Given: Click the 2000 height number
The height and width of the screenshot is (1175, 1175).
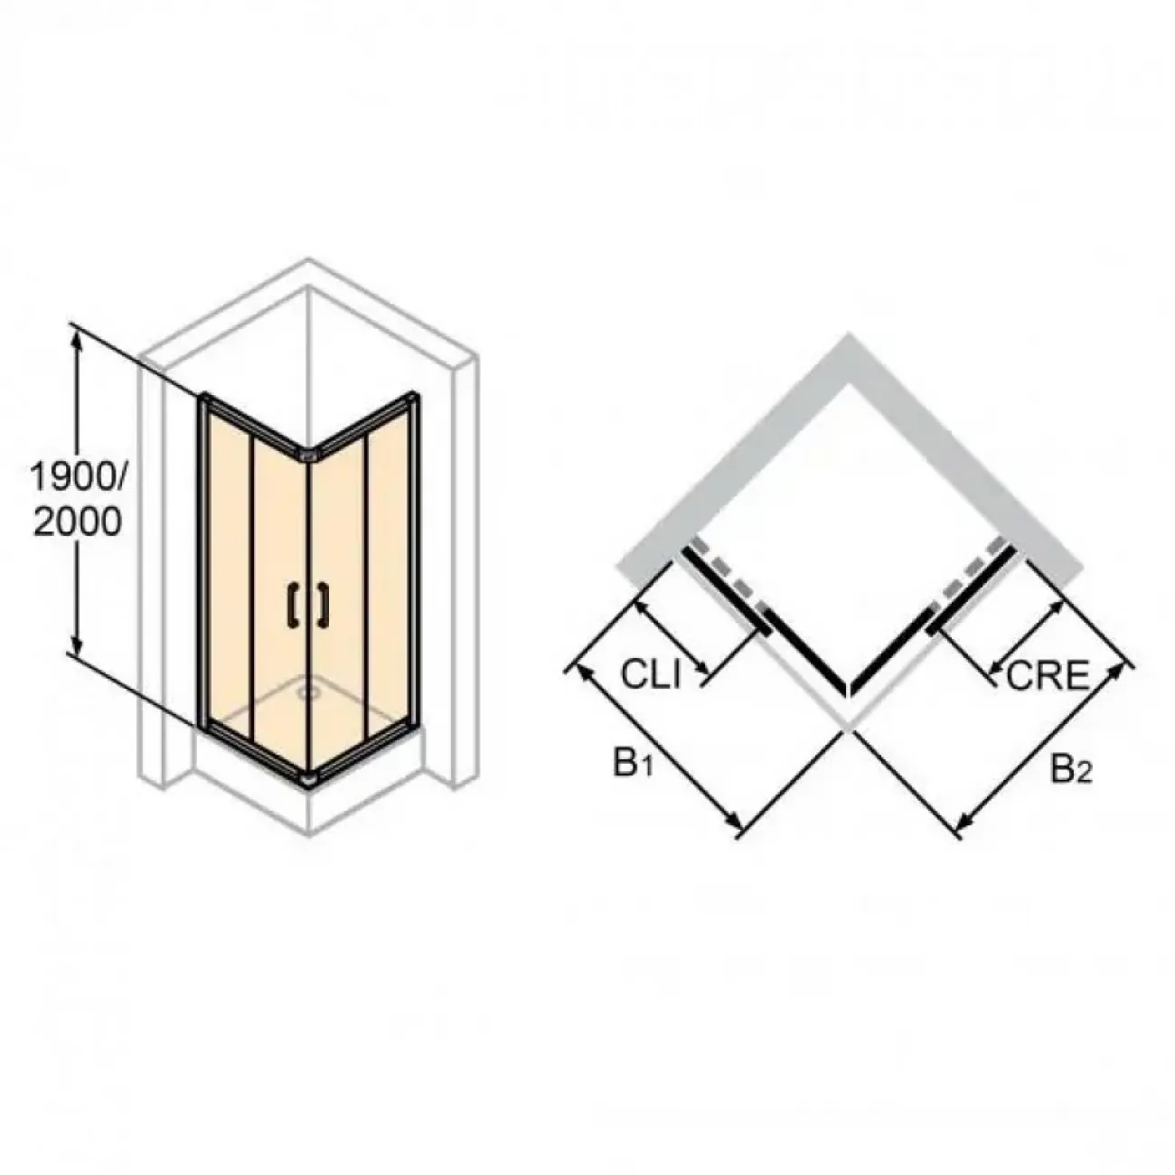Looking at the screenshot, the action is pos(78,522).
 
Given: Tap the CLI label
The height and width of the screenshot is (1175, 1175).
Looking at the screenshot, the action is pos(650,675).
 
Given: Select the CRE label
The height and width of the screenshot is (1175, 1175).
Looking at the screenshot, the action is pos(1047,675).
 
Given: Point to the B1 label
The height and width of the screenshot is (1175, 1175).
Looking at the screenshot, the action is pos(634,766).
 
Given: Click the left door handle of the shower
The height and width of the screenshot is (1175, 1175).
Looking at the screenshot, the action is pos(293,605).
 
